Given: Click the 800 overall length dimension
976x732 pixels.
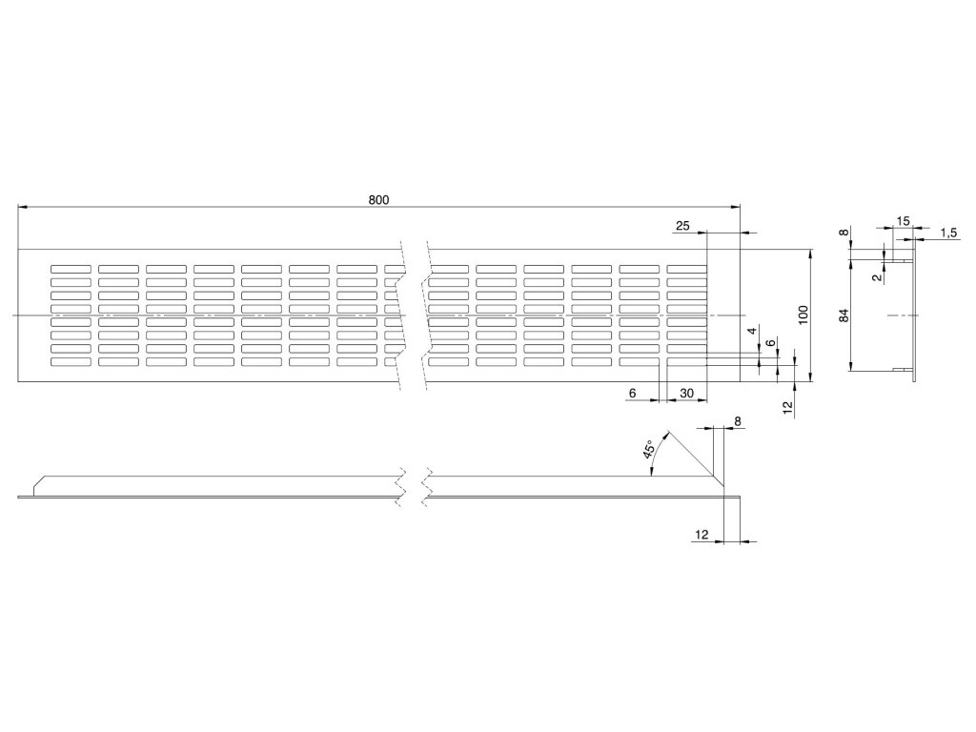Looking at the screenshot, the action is [378, 200].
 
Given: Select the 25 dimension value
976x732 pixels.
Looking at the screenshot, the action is [681, 226].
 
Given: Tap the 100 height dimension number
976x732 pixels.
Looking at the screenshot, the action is [803, 315].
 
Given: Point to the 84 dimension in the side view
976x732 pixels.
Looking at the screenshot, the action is [844, 315].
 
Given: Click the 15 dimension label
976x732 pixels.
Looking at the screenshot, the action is [904, 221].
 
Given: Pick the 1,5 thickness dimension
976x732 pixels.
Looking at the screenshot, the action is [948, 233].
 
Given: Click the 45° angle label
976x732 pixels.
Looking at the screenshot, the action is [649, 451].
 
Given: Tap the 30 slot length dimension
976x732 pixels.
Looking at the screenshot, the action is [686, 394].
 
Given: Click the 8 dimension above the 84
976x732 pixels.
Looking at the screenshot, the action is [844, 233].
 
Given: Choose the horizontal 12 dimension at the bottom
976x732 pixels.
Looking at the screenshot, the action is [701, 537].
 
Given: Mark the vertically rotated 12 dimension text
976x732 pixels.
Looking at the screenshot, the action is [787, 406].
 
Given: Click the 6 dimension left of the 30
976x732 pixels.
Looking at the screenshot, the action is [633, 394].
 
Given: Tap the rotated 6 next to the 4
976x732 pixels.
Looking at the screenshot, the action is [769, 342].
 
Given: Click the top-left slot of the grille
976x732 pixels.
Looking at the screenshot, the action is [71, 268].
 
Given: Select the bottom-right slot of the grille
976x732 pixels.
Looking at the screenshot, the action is [686, 362].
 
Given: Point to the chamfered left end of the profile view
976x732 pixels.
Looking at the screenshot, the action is [36, 486].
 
